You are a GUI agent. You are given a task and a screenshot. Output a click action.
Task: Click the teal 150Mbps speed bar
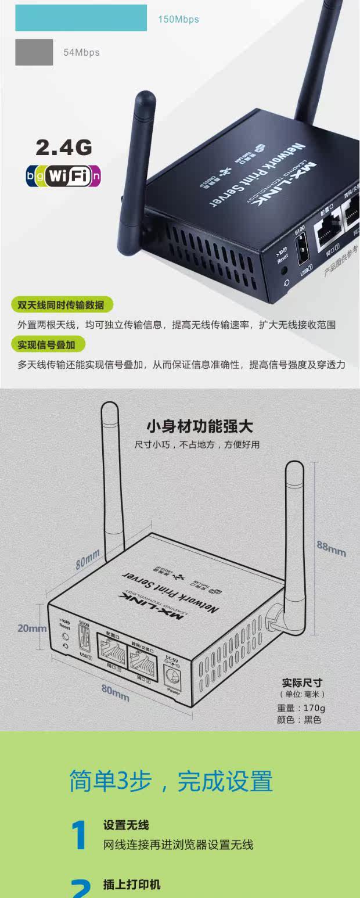click(81, 17)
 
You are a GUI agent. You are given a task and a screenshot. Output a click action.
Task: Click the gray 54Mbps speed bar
click(34, 52)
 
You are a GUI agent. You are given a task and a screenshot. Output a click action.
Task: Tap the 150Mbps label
click(178, 20)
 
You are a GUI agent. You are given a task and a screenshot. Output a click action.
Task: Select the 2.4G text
click(64, 148)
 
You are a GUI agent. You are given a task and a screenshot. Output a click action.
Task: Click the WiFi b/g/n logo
click(63, 175)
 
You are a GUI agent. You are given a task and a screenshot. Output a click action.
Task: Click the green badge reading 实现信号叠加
click(47, 344)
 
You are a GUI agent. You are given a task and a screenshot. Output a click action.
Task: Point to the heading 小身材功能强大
click(199, 427)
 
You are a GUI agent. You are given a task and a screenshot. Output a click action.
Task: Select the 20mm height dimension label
click(32, 628)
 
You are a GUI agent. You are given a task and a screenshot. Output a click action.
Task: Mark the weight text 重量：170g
click(301, 708)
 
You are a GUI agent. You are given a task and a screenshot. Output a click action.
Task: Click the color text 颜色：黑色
click(299, 720)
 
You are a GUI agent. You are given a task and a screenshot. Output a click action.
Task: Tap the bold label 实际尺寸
click(302, 683)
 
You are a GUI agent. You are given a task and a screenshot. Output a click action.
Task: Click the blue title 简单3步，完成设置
click(171, 781)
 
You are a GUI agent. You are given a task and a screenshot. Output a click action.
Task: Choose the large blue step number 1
click(79, 835)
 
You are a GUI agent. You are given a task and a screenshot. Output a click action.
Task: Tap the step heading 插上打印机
click(132, 885)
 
